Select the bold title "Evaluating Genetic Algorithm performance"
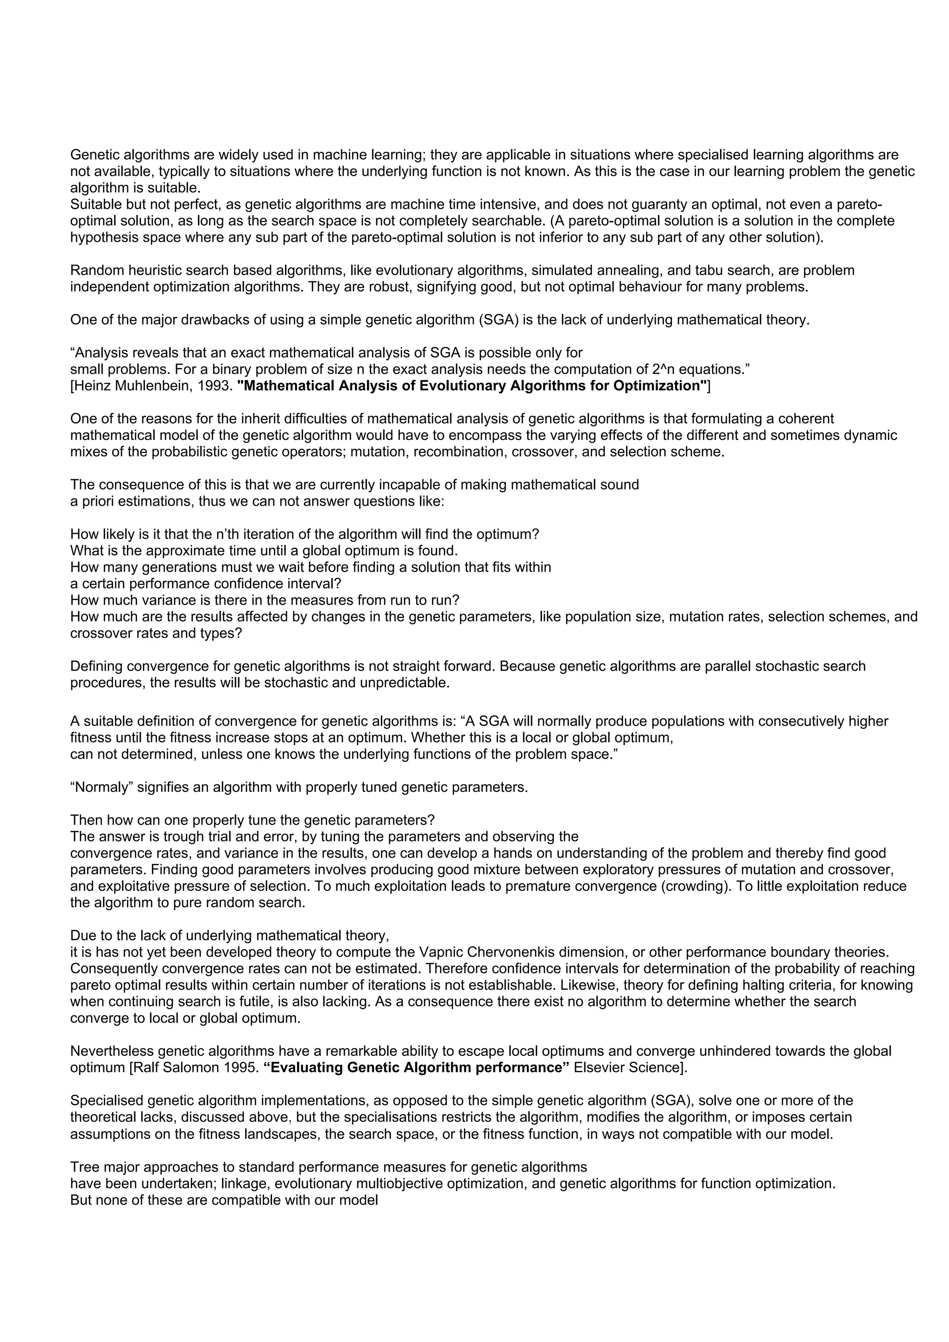click(x=416, y=1067)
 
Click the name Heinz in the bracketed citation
click(x=91, y=386)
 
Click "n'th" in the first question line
click(x=230, y=534)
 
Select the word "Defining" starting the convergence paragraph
click(x=96, y=666)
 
